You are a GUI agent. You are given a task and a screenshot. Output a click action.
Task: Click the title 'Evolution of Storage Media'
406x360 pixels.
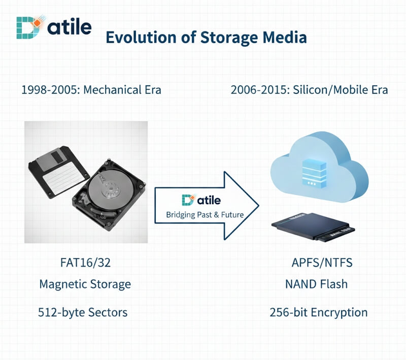pos(206,38)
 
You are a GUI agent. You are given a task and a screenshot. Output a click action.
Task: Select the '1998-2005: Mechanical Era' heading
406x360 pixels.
pos(91,90)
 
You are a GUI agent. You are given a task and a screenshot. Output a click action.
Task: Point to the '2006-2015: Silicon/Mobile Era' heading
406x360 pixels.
pos(309,90)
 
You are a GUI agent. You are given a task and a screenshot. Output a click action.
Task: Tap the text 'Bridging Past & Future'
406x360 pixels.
pos(205,215)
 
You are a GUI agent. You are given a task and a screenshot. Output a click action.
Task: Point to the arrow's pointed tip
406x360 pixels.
pos(257,206)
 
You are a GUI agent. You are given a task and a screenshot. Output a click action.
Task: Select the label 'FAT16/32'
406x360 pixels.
pos(85,263)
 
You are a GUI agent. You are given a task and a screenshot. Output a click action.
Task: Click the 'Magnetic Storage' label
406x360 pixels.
pos(85,284)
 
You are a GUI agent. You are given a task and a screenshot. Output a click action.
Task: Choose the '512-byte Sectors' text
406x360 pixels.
pos(83,312)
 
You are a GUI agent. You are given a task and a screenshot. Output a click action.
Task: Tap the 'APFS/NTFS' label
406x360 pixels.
pos(322,263)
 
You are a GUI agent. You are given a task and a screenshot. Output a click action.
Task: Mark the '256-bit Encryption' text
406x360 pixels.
pos(318,312)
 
